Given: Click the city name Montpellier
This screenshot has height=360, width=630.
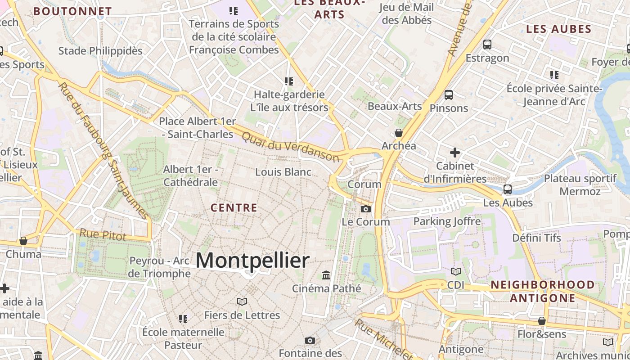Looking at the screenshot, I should [x=252, y=261].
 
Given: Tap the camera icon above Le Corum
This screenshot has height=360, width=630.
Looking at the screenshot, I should [x=366, y=209].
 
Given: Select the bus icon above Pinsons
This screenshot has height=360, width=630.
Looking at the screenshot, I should [x=448, y=95].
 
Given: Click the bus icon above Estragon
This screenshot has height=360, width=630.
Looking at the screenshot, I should [x=487, y=45].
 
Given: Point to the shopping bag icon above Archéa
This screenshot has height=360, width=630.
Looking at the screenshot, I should [x=398, y=133].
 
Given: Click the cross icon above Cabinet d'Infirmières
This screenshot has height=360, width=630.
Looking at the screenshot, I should [x=455, y=153].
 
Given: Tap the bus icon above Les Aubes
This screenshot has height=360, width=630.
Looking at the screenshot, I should [x=508, y=189].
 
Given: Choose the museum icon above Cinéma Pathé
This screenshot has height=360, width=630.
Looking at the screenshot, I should [x=326, y=275].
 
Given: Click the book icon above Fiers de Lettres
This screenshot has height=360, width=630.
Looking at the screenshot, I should [x=242, y=301].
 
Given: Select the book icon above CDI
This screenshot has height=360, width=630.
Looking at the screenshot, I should [x=456, y=271].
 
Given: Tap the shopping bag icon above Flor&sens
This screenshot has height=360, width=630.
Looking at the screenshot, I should [x=542, y=321].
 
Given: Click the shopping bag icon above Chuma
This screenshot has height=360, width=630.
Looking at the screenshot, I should [x=23, y=241].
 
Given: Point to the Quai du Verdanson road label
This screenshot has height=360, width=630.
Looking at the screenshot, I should [x=291, y=147].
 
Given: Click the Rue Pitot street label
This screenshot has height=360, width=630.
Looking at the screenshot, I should [x=103, y=234].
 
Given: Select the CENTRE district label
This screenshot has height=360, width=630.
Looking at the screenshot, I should [x=234, y=208].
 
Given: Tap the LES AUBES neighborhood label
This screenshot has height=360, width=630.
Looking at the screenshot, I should [x=558, y=29].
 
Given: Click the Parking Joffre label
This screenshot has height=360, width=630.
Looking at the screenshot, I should [x=447, y=221].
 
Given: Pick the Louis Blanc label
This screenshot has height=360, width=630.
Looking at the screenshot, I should [x=283, y=172].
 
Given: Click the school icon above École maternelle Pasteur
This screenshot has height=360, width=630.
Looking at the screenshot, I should [x=183, y=319].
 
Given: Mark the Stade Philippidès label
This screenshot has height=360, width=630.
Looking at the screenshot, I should [x=100, y=51].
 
